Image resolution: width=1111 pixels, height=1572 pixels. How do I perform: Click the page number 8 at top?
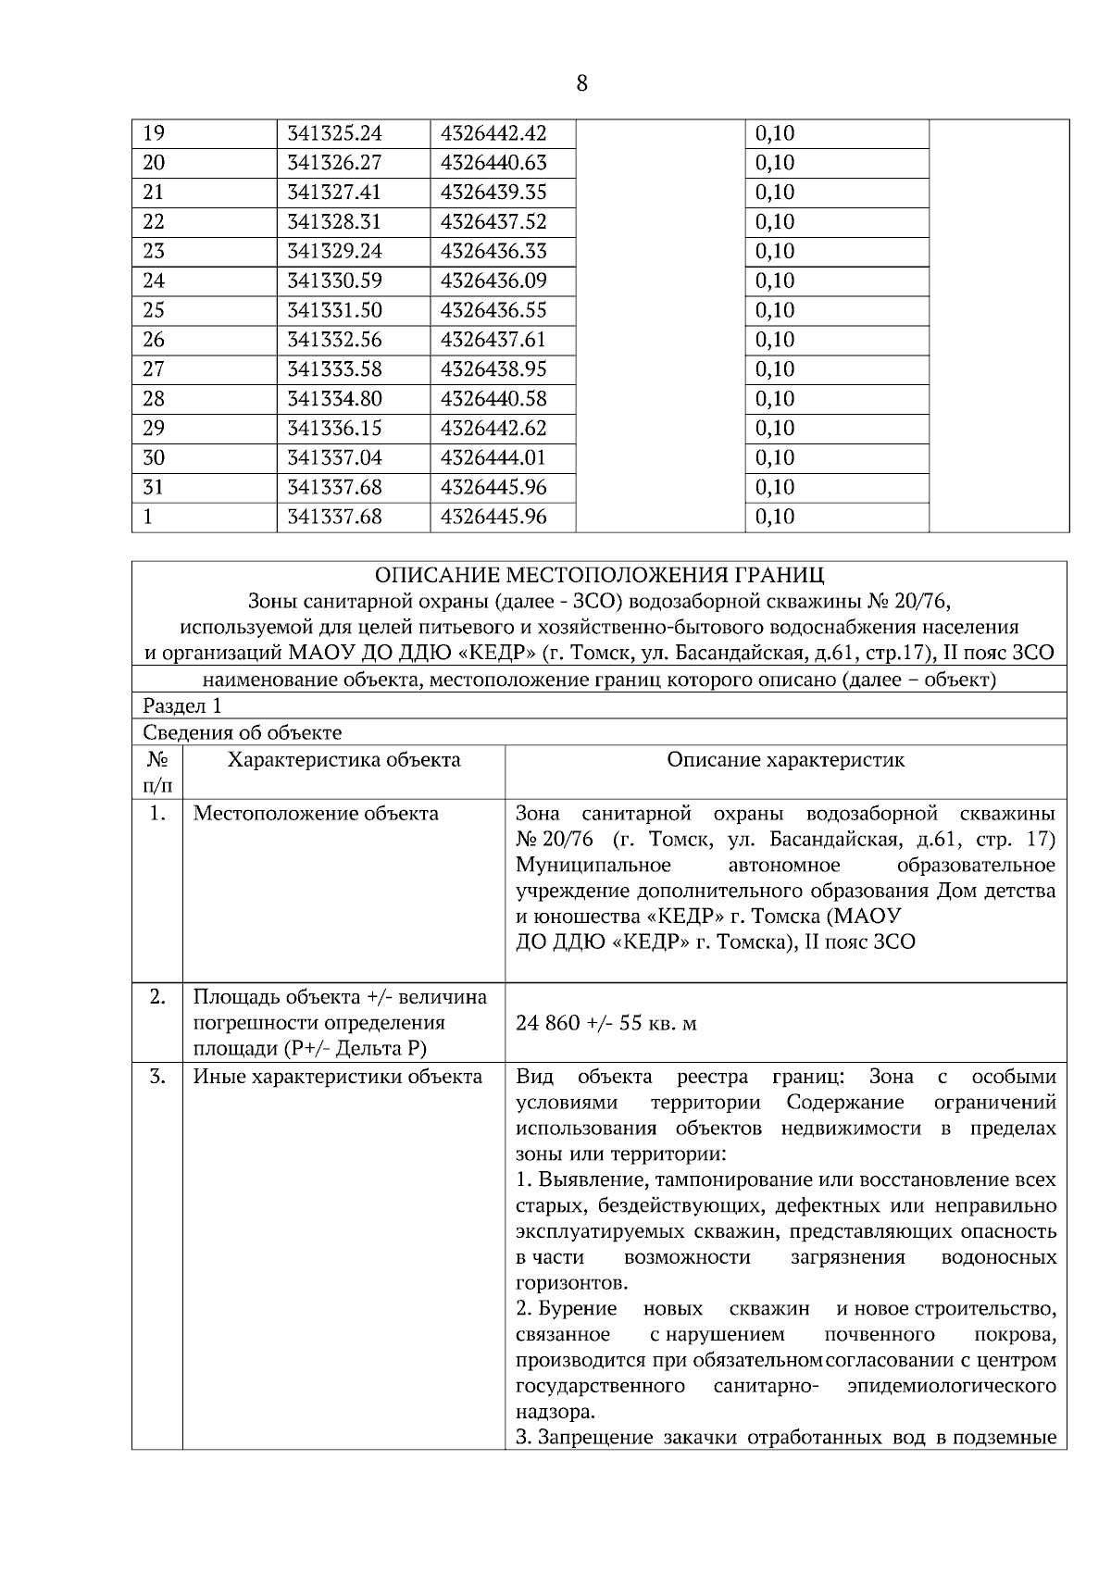pos(581,84)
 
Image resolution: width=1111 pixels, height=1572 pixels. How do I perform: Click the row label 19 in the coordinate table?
pos(154,133)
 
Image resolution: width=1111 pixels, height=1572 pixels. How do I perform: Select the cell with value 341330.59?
pos(334,281)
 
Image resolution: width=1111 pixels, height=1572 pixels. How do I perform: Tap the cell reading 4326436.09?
pos(493,281)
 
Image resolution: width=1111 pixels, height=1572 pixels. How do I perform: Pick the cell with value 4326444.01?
pos(493,457)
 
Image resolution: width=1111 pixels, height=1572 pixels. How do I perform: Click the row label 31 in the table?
pos(154,487)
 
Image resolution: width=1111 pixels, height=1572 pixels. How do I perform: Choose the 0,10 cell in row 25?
pos(775,310)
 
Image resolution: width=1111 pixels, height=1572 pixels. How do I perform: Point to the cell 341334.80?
pos(334,399)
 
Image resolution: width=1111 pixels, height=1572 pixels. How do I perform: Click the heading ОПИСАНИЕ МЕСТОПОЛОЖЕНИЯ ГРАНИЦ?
pos(599,576)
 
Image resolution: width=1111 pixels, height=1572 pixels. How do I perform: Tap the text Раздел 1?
pos(182,706)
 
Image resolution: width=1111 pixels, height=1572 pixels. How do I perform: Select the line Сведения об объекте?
pos(242,733)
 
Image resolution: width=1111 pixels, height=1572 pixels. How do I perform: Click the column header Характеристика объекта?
pos(343,761)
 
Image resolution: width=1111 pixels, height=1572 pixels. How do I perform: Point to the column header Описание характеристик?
pos(785,761)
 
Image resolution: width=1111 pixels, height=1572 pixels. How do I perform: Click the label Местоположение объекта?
pos(316,814)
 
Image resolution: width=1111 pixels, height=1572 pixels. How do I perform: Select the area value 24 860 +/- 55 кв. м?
pos(606,1023)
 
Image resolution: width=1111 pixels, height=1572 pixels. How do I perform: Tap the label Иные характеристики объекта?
pos(337,1077)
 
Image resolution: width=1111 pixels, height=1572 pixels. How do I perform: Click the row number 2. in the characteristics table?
pos(157,997)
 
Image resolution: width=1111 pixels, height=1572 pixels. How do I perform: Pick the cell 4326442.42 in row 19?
pos(493,133)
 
